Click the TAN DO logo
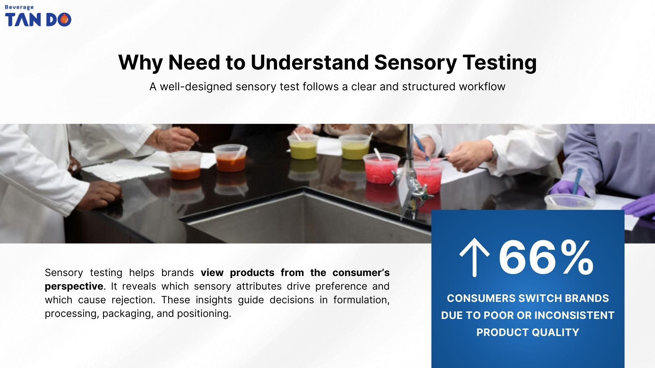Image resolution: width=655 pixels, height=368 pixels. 38,19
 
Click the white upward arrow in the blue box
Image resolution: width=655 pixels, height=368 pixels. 474,257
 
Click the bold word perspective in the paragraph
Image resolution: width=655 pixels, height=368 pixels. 74,286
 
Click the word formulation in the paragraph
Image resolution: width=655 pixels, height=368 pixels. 361,300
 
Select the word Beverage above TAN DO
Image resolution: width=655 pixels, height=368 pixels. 19,7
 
